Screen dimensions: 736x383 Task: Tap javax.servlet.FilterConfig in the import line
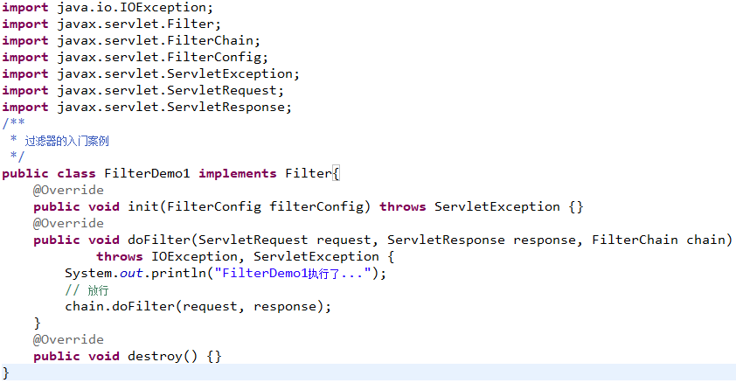coord(159,58)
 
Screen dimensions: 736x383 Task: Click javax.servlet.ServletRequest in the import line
coord(167,91)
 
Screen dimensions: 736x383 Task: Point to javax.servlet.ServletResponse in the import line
coord(170,107)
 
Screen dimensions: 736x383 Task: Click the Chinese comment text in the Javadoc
coord(66,141)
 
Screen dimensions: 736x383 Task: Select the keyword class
coord(76,174)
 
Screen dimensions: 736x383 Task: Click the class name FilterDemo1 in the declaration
coord(147,174)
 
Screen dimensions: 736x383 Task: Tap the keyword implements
coord(238,174)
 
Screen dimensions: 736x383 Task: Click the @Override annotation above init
coord(68,190)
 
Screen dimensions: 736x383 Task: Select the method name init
coord(143,206)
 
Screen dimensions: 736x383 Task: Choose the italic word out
coord(131,273)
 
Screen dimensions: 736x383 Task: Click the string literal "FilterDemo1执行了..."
coord(293,273)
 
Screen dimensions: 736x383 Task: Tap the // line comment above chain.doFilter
coord(87,290)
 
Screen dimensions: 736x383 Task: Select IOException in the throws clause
coord(194,257)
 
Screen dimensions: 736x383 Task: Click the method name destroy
coord(155,357)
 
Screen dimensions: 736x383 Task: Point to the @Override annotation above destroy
coord(68,339)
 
